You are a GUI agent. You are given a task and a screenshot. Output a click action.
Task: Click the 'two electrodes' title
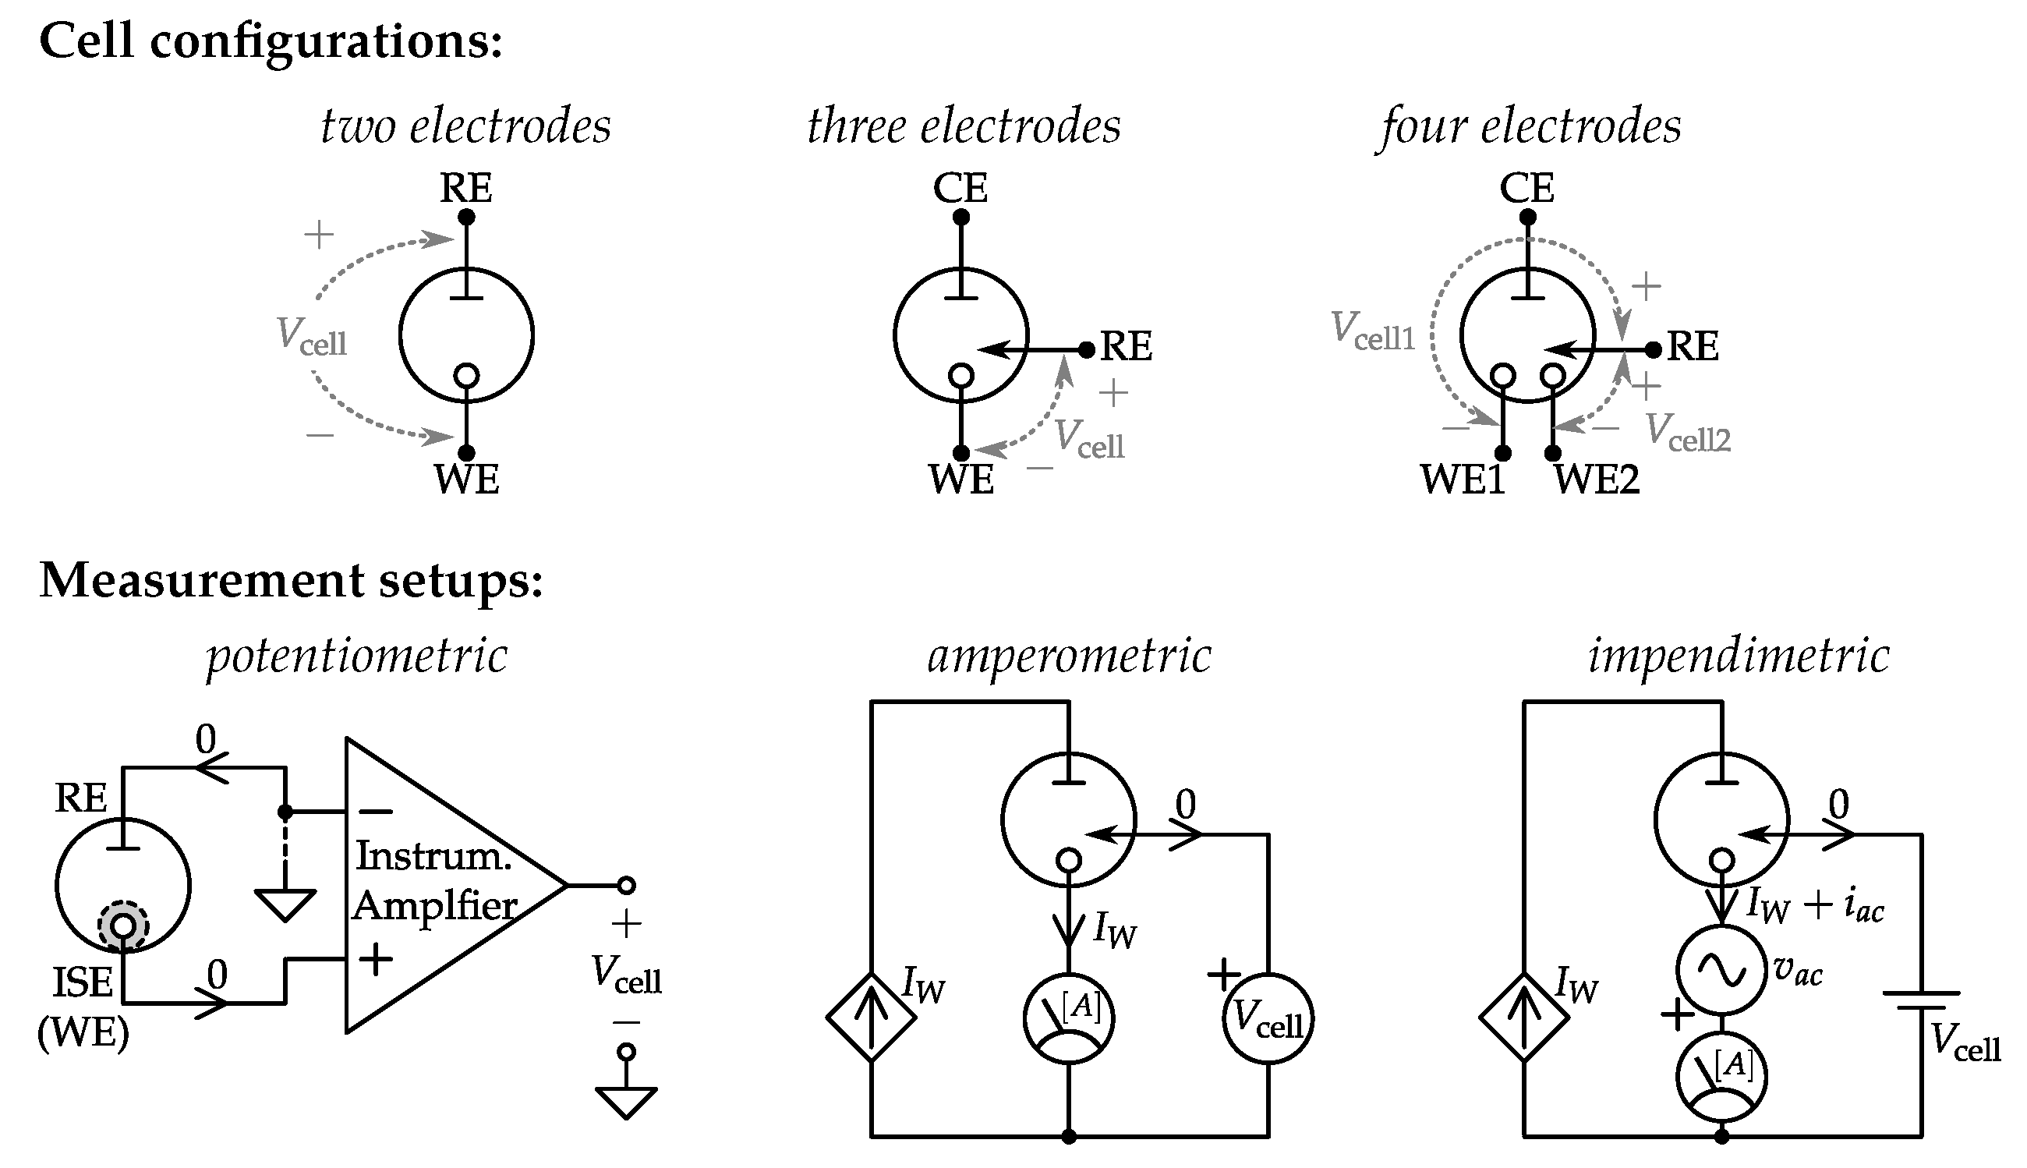click(x=465, y=127)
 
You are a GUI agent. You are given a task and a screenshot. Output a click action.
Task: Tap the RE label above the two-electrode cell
click(x=465, y=189)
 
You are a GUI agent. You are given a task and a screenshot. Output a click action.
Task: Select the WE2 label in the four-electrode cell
click(x=1596, y=480)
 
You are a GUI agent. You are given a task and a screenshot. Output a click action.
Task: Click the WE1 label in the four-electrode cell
click(x=1463, y=480)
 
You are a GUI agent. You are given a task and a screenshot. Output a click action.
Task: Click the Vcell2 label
click(x=1688, y=434)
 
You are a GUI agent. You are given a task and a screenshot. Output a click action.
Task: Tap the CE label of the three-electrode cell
click(x=960, y=189)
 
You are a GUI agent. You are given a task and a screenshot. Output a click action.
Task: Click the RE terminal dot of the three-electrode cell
click(x=1086, y=350)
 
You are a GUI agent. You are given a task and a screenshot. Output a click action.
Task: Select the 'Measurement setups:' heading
click(x=291, y=580)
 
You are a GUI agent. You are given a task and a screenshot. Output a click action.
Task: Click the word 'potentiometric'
click(x=357, y=657)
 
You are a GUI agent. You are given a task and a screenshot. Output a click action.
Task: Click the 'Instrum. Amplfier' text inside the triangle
click(x=434, y=881)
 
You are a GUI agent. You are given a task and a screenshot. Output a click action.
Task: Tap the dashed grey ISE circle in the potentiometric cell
click(x=122, y=926)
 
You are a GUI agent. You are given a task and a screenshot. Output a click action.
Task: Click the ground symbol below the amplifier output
click(x=626, y=1103)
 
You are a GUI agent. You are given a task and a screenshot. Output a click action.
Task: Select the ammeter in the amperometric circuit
click(x=1068, y=1019)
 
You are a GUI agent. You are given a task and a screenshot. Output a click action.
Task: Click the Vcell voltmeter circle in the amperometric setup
click(x=1268, y=1019)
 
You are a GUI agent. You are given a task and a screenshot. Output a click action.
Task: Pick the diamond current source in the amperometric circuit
click(x=871, y=1018)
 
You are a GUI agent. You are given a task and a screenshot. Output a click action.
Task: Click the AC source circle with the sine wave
click(x=1721, y=970)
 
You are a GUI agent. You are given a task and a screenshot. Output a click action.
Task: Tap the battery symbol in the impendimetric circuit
click(x=1921, y=1000)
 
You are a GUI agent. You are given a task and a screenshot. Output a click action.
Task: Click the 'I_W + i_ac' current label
click(x=1814, y=907)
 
